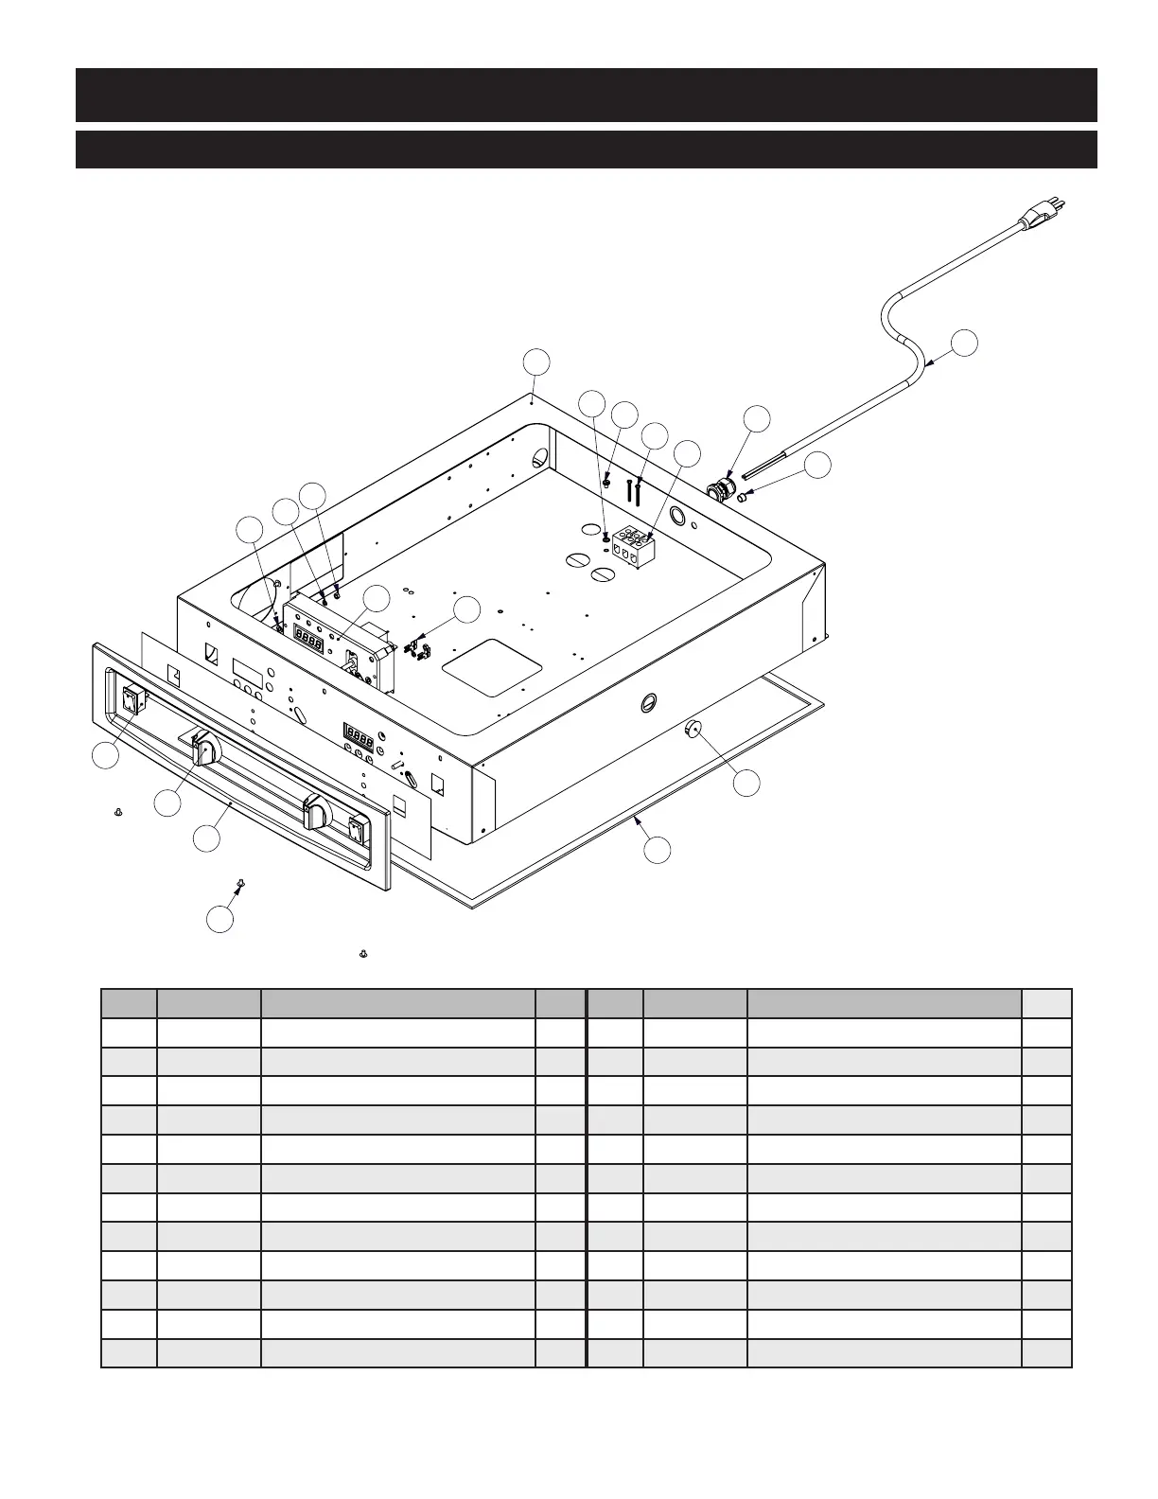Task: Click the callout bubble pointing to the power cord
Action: [963, 343]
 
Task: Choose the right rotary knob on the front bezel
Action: [316, 814]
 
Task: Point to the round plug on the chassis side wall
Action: [693, 729]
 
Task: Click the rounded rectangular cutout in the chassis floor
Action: [492, 667]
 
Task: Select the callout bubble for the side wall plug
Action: [747, 784]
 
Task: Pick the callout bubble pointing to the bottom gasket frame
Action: [658, 850]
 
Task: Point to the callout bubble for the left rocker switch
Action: [105, 756]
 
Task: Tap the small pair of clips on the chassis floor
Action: [416, 649]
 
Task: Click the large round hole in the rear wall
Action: [678, 517]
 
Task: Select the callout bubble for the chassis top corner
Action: [537, 362]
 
